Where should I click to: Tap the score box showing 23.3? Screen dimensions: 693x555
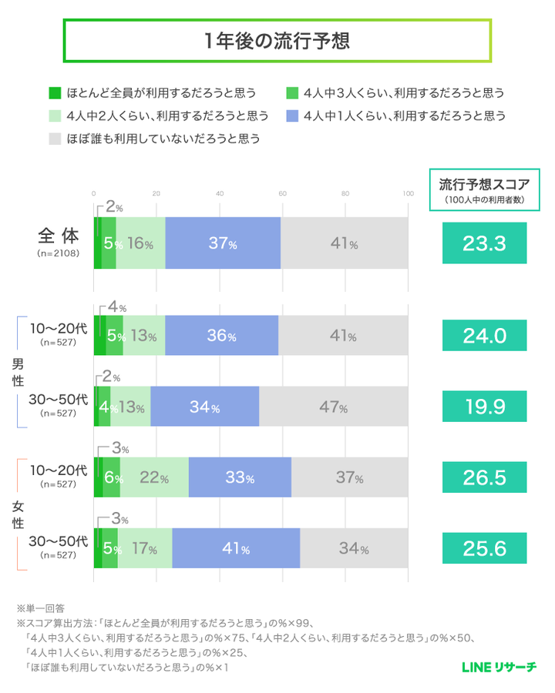484,243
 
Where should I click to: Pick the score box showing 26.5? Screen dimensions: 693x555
484,477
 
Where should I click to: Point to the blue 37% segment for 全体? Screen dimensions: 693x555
222,243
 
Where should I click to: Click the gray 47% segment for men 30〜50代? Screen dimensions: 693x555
333,407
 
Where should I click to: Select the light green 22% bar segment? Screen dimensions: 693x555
154,477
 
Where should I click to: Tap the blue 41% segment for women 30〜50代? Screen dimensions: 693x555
235,549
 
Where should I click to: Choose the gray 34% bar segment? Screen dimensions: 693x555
353,549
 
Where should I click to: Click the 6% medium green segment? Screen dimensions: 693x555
112,477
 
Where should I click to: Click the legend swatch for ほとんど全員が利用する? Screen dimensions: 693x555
54,93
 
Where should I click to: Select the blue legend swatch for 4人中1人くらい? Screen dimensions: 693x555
291,116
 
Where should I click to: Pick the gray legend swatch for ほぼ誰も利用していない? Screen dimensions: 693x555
54,139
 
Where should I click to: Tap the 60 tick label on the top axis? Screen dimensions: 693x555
282,193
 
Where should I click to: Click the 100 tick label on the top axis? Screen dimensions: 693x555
407,193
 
